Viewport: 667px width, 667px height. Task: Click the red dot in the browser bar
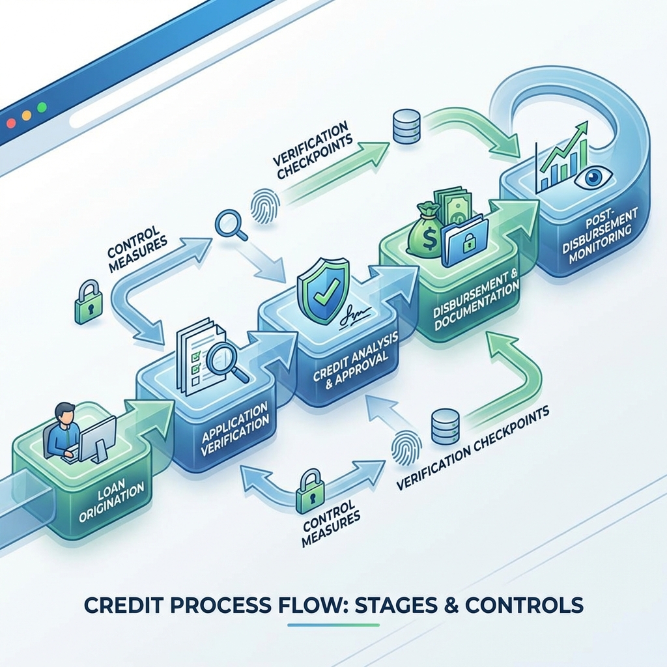tap(11, 123)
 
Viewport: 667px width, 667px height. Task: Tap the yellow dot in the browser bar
tap(26, 115)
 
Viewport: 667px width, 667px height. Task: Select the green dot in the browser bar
tap(42, 107)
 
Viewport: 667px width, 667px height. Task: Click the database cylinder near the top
tap(406, 126)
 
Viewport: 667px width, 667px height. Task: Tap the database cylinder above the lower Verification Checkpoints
tap(445, 426)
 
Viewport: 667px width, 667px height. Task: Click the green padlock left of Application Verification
tap(88, 302)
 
